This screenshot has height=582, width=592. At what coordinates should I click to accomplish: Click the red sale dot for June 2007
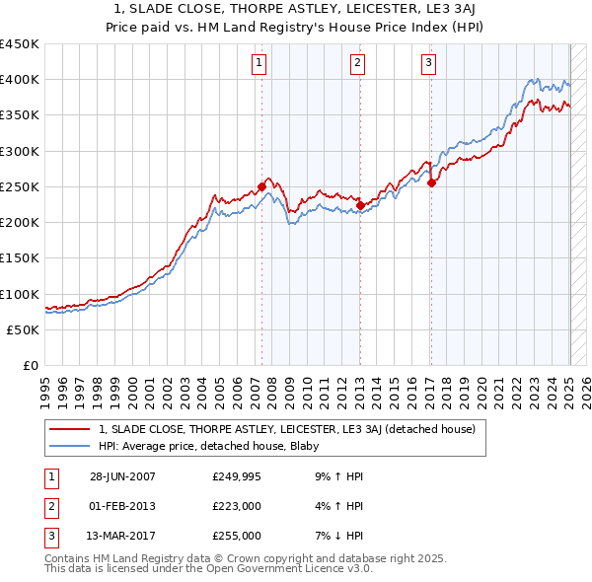tap(261, 186)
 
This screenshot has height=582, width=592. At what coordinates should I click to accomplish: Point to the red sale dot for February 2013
tap(360, 205)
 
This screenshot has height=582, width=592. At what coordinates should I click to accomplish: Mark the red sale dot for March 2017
tap(432, 182)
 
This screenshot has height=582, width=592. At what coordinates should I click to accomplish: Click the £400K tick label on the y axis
tap(20, 80)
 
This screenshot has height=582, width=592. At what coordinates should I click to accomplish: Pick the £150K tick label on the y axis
tap(20, 258)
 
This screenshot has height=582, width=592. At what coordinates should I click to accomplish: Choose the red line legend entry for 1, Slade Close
tap(287, 429)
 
